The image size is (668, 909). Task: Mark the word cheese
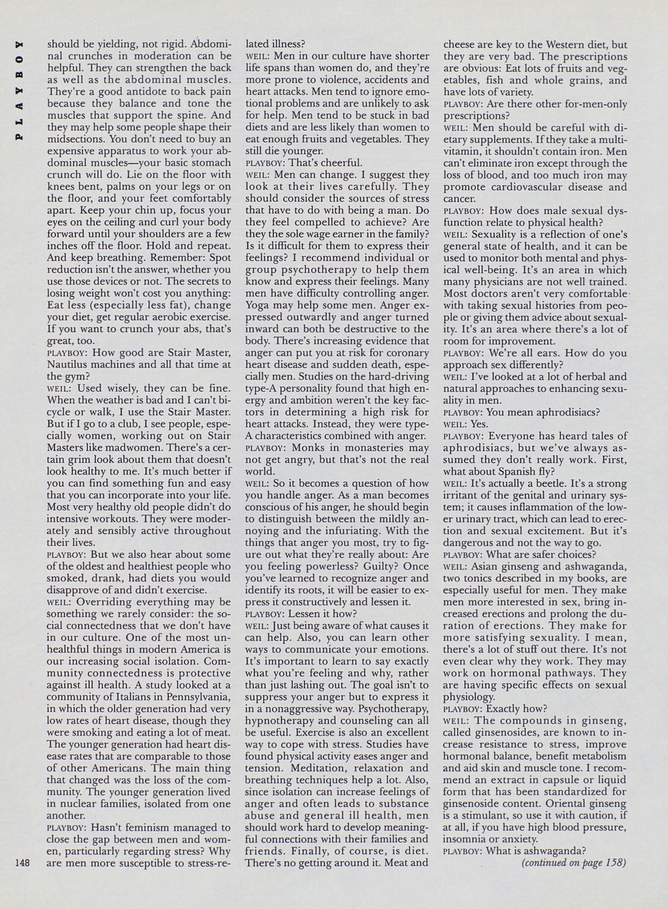[x=460, y=44]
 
